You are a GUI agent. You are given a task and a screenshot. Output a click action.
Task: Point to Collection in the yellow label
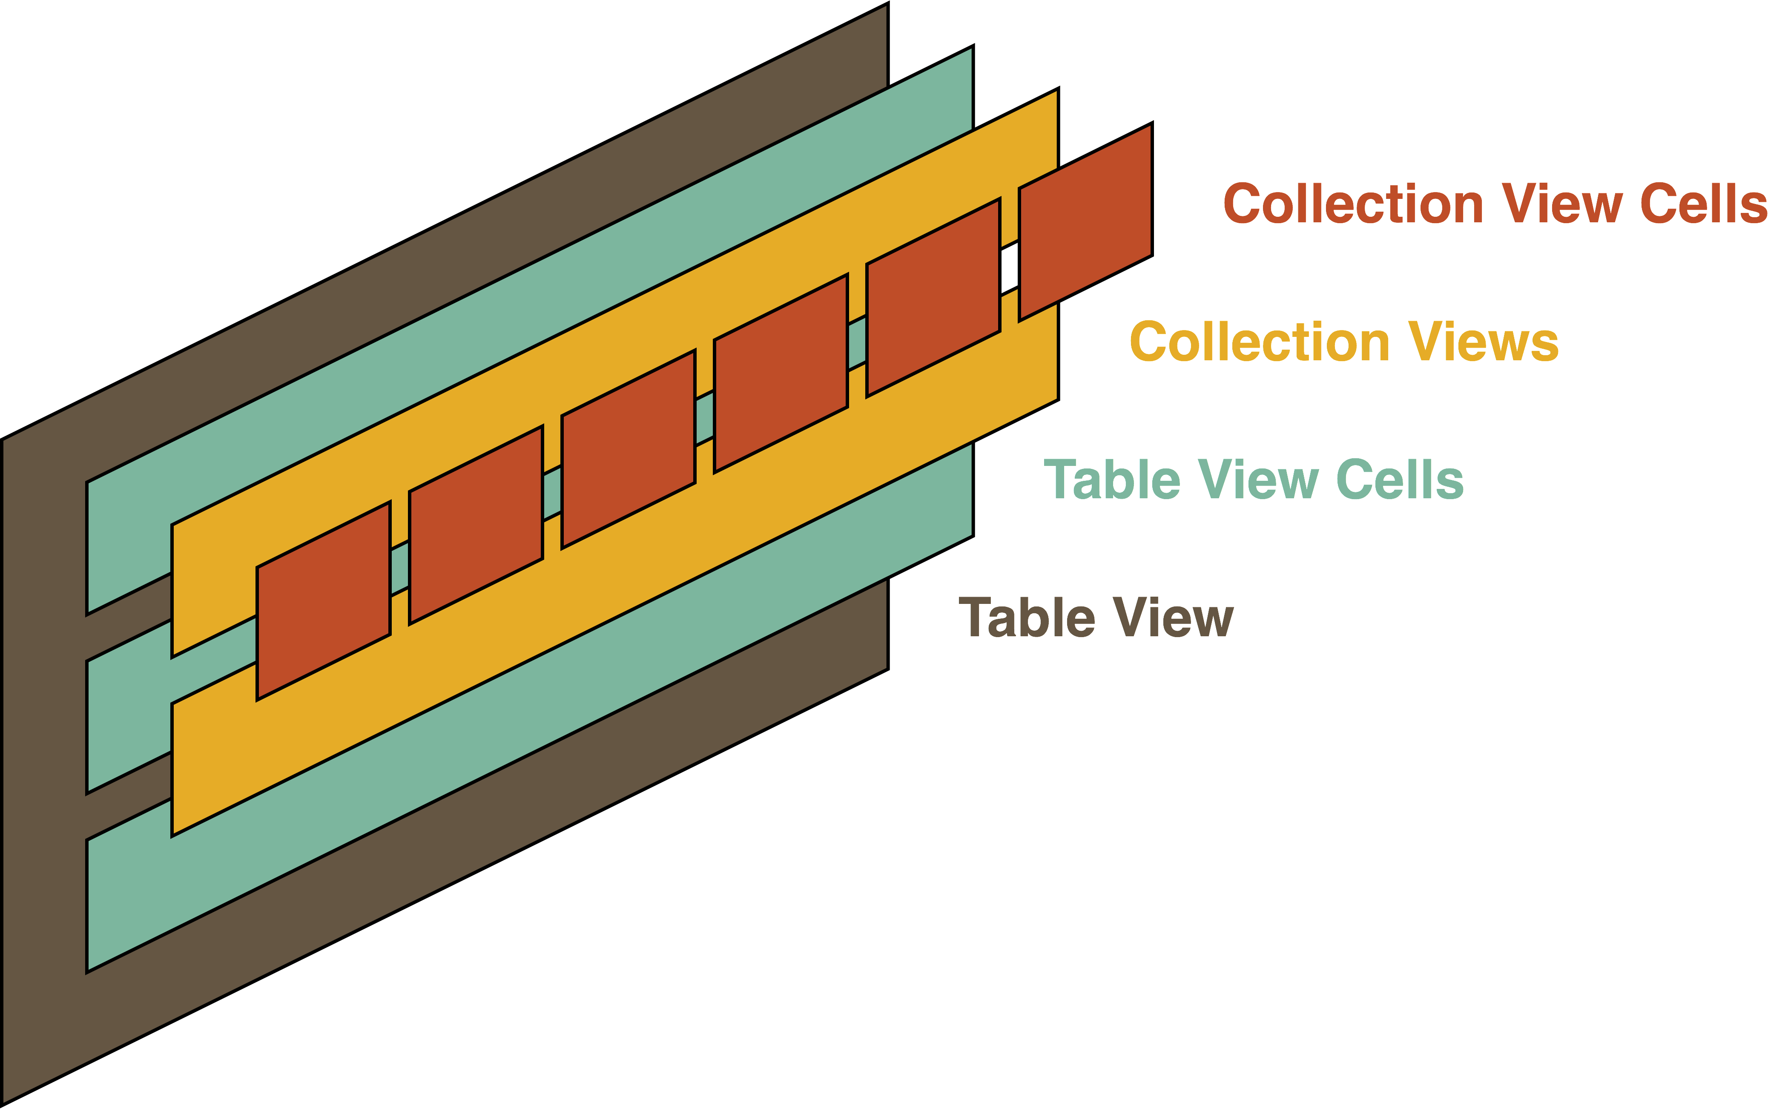[1260, 342]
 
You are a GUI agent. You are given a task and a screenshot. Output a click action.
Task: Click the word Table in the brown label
[1027, 618]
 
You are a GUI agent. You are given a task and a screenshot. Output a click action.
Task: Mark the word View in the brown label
[1173, 618]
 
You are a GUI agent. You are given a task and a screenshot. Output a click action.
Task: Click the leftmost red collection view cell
[323, 601]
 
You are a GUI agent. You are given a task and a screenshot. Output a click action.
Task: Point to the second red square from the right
[933, 298]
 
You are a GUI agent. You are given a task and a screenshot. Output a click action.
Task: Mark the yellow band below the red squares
[587, 623]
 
